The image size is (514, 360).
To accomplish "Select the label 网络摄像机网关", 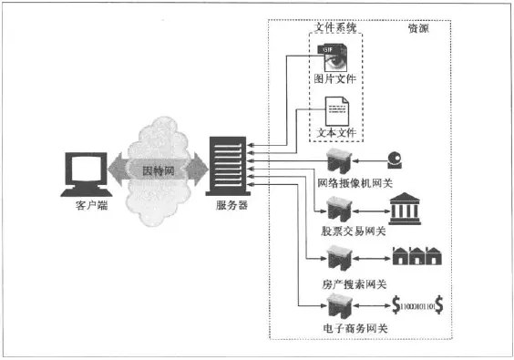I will point(355,182).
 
